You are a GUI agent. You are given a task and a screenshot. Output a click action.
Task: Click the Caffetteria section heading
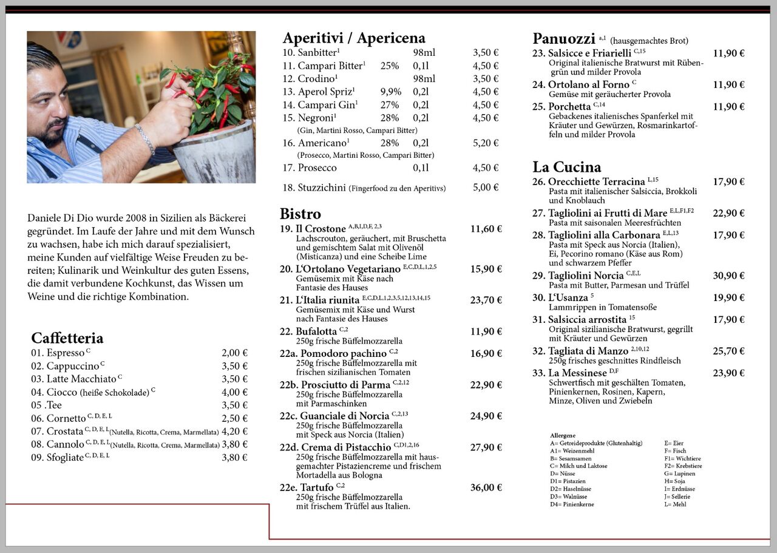pos(67,338)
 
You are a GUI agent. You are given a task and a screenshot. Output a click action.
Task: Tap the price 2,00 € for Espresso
pos(234,353)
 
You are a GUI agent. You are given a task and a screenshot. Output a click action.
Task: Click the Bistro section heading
pos(300,214)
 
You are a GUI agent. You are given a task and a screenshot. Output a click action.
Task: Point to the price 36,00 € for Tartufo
pos(486,487)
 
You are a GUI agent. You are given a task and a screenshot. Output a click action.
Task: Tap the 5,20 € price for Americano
pos(486,143)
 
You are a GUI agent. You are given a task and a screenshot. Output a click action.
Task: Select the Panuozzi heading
pos(563,39)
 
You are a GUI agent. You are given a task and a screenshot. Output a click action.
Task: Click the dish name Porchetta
pos(569,107)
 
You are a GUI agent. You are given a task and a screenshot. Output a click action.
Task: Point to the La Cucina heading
pos(567,167)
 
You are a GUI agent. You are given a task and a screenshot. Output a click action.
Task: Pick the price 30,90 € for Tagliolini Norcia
pos(728,276)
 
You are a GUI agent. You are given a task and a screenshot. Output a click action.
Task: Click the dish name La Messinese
pos(577,373)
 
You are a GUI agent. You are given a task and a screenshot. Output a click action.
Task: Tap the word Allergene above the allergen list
pos(563,436)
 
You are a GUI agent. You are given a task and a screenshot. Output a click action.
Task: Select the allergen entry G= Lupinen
pos(680,473)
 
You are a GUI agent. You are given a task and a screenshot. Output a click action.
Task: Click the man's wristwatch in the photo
pos(145,139)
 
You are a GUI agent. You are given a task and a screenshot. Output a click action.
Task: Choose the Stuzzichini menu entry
pos(322,188)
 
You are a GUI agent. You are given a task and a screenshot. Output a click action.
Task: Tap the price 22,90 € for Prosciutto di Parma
pos(486,385)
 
